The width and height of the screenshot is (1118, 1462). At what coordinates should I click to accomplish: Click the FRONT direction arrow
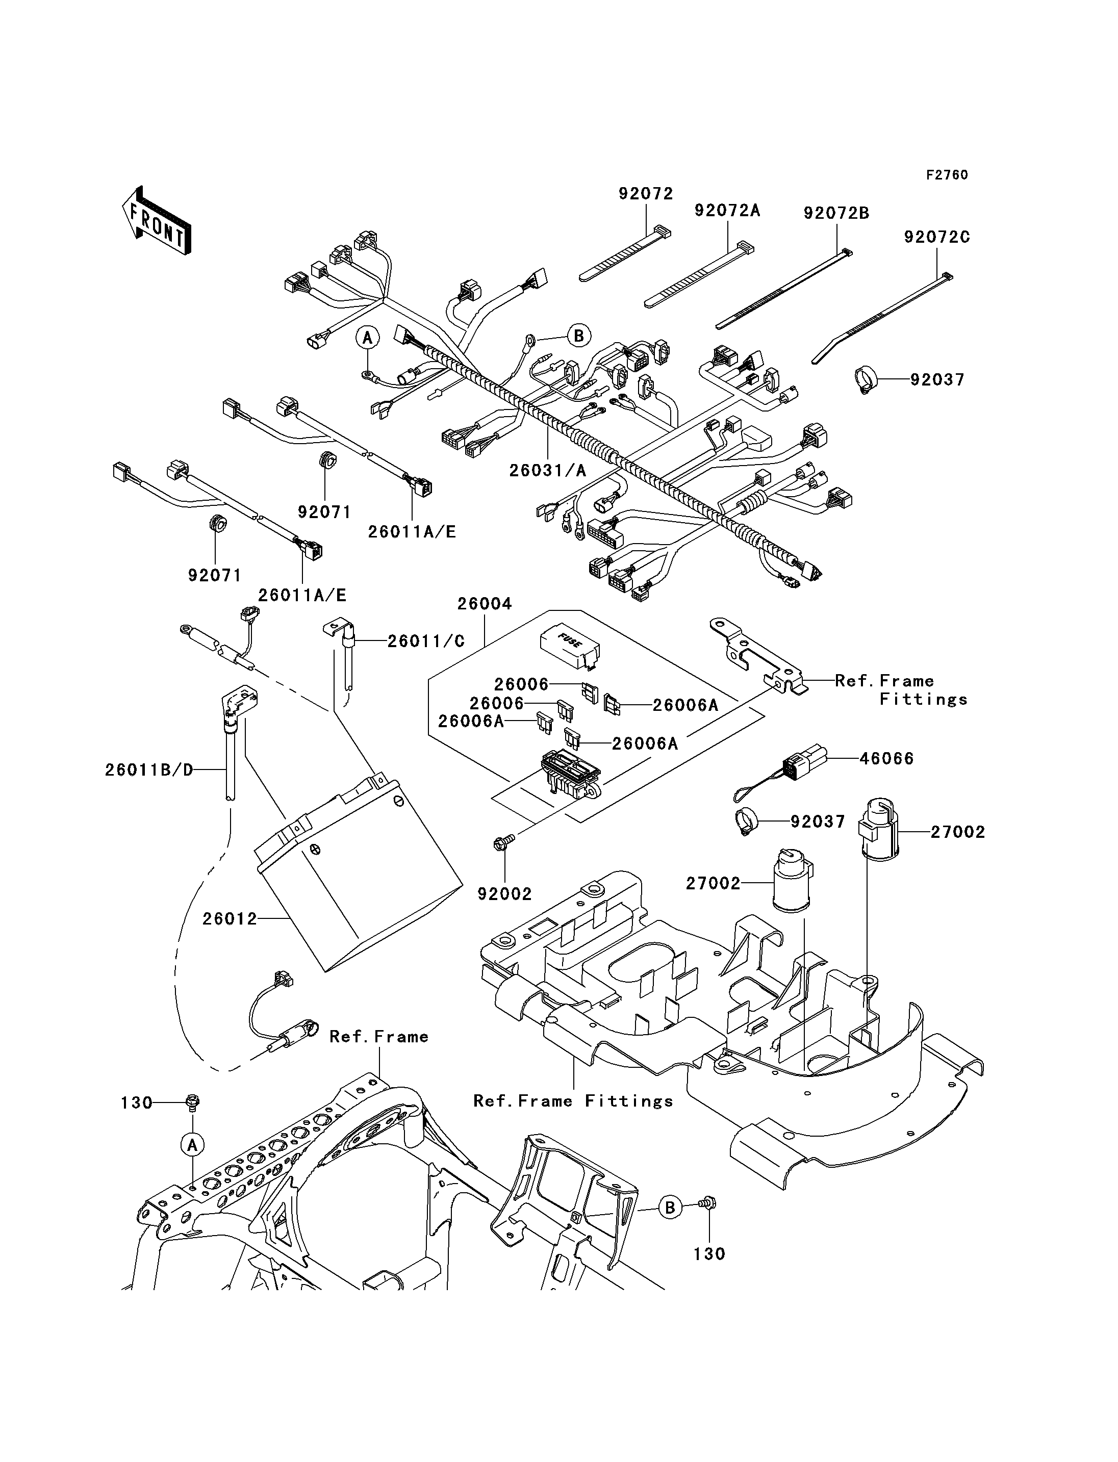tap(157, 220)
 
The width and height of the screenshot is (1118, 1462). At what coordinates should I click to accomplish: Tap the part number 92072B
tap(836, 213)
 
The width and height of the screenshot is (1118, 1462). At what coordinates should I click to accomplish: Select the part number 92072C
tap(936, 237)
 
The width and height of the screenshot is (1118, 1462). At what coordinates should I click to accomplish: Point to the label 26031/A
tap(548, 471)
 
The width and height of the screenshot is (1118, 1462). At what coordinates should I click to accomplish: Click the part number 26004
tap(485, 604)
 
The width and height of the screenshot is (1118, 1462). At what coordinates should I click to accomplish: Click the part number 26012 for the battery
tap(230, 918)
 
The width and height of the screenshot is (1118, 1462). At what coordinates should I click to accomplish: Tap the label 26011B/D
tap(149, 770)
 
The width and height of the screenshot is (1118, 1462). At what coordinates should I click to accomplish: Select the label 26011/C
tap(426, 641)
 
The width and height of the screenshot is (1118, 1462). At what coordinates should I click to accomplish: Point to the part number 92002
tap(505, 894)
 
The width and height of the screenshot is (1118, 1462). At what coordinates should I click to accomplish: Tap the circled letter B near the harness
tap(579, 336)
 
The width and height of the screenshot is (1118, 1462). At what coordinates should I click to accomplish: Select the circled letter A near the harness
tap(367, 338)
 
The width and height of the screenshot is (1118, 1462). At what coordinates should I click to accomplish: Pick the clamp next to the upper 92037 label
tap(865, 380)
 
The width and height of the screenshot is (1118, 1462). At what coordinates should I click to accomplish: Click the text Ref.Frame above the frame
tap(378, 1036)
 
